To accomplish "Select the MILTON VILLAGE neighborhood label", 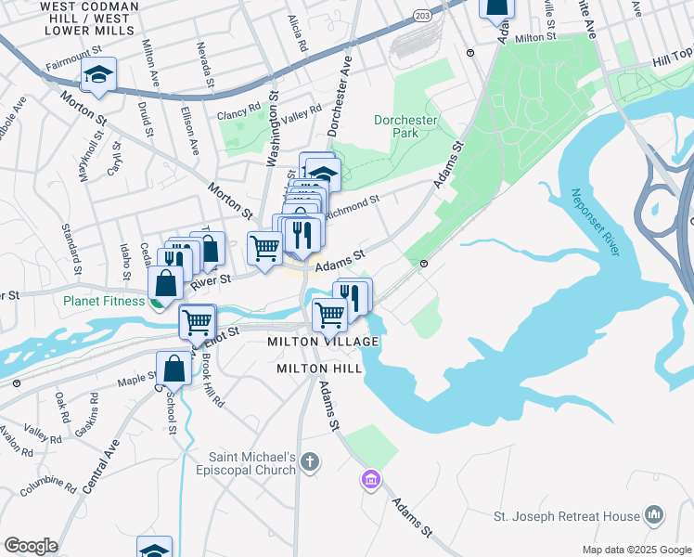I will (x=323, y=343).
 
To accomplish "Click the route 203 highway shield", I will (x=422, y=17).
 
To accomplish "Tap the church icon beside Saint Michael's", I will (x=310, y=461).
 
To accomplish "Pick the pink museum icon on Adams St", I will (x=370, y=480).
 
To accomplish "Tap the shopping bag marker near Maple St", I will (x=173, y=369).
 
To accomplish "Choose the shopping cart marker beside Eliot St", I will (x=198, y=322).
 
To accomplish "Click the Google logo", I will (x=31, y=546).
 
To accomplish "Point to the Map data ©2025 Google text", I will (x=636, y=550).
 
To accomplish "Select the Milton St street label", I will (x=535, y=39).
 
